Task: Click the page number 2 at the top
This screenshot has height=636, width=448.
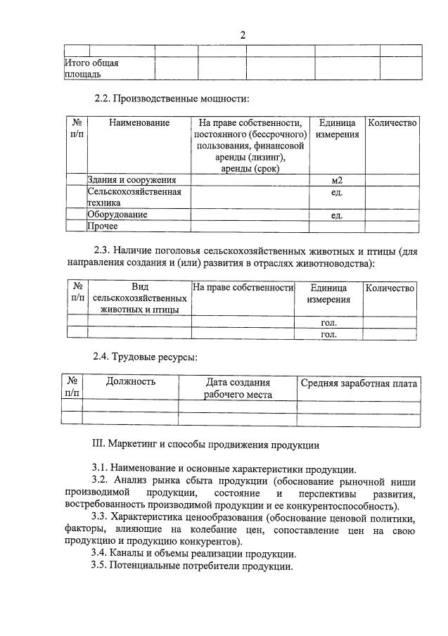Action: click(x=243, y=35)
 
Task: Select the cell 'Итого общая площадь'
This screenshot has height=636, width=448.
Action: click(x=91, y=68)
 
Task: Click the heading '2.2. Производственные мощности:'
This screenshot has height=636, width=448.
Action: click(x=172, y=98)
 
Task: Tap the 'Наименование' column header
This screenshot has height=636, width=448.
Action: click(x=139, y=123)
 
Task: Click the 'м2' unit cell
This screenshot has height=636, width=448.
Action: click(x=336, y=180)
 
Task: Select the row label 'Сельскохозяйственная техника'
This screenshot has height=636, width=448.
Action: click(x=134, y=197)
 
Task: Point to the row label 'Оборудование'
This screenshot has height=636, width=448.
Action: click(x=117, y=215)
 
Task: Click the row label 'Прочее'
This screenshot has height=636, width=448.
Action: click(x=103, y=226)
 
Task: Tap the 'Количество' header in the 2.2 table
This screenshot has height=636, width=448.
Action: click(x=392, y=123)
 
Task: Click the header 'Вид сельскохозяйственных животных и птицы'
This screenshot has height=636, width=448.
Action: click(x=139, y=298)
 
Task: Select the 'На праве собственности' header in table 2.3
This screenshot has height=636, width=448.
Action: click(x=243, y=288)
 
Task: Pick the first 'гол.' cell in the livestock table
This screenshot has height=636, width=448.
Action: click(x=328, y=322)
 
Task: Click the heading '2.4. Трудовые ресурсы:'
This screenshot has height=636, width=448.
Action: click(x=146, y=357)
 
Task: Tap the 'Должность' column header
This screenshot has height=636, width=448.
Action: click(x=131, y=382)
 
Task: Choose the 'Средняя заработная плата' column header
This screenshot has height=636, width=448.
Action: click(x=359, y=383)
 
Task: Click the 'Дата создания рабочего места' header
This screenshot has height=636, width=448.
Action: click(x=238, y=388)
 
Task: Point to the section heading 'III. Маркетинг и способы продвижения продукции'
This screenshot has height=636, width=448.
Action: click(x=206, y=445)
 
